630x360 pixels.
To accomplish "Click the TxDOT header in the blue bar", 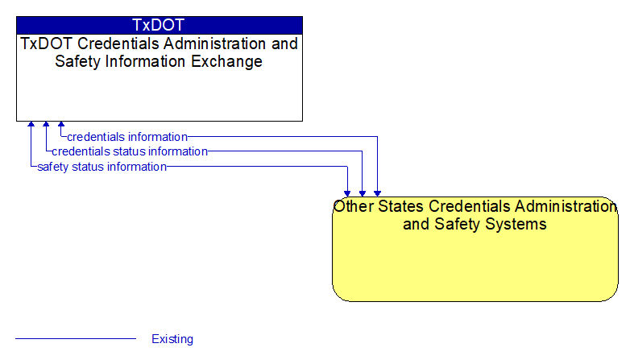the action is [x=158, y=25].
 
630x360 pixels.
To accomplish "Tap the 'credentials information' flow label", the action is [x=127, y=137].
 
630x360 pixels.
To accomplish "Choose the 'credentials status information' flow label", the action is [x=130, y=151].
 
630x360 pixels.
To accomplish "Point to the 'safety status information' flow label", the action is [x=102, y=167].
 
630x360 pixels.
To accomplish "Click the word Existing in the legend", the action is [x=172, y=339].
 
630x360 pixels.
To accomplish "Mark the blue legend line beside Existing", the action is [x=76, y=339].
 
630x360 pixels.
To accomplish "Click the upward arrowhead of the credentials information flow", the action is [x=61, y=124].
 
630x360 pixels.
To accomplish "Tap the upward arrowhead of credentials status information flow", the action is [x=46, y=124].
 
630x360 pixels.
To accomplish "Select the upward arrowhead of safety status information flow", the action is [x=31, y=124].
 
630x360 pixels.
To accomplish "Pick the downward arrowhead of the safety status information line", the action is [x=347, y=193].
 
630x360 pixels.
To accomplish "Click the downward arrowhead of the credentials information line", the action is [x=377, y=193].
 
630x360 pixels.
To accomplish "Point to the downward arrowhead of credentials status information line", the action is [x=363, y=193].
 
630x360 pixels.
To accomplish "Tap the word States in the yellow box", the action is [x=401, y=206].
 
